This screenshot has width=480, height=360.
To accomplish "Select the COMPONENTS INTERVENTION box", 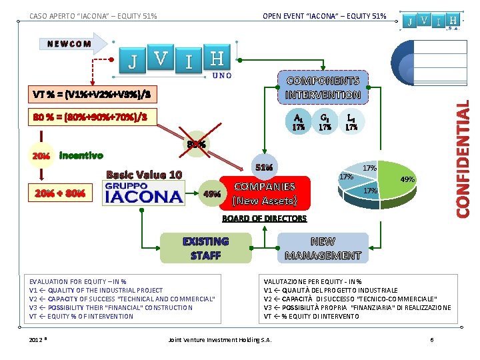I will pyautogui.click(x=323, y=88).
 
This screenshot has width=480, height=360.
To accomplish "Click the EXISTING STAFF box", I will pyautogui.click(x=205, y=248).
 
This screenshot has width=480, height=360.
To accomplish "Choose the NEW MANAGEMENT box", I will pyautogui.click(x=323, y=248).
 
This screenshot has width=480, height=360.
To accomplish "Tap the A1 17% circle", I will pyautogui.click(x=299, y=121).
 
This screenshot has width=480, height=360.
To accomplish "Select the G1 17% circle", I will pyautogui.click(x=325, y=121).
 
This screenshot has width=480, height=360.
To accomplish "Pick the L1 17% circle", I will pyautogui.click(x=351, y=121).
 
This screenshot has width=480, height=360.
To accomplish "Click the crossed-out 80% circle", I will pyautogui.click(x=196, y=143).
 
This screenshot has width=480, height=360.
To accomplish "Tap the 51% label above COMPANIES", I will pyautogui.click(x=263, y=167).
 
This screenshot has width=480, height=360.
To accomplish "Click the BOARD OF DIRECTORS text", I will pyautogui.click(x=264, y=218).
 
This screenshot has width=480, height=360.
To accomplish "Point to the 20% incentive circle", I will pyautogui.click(x=41, y=156).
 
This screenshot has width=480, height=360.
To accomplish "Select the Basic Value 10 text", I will pyautogui.click(x=144, y=175).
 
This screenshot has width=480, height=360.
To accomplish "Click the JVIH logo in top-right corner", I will pyautogui.click(x=433, y=21).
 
